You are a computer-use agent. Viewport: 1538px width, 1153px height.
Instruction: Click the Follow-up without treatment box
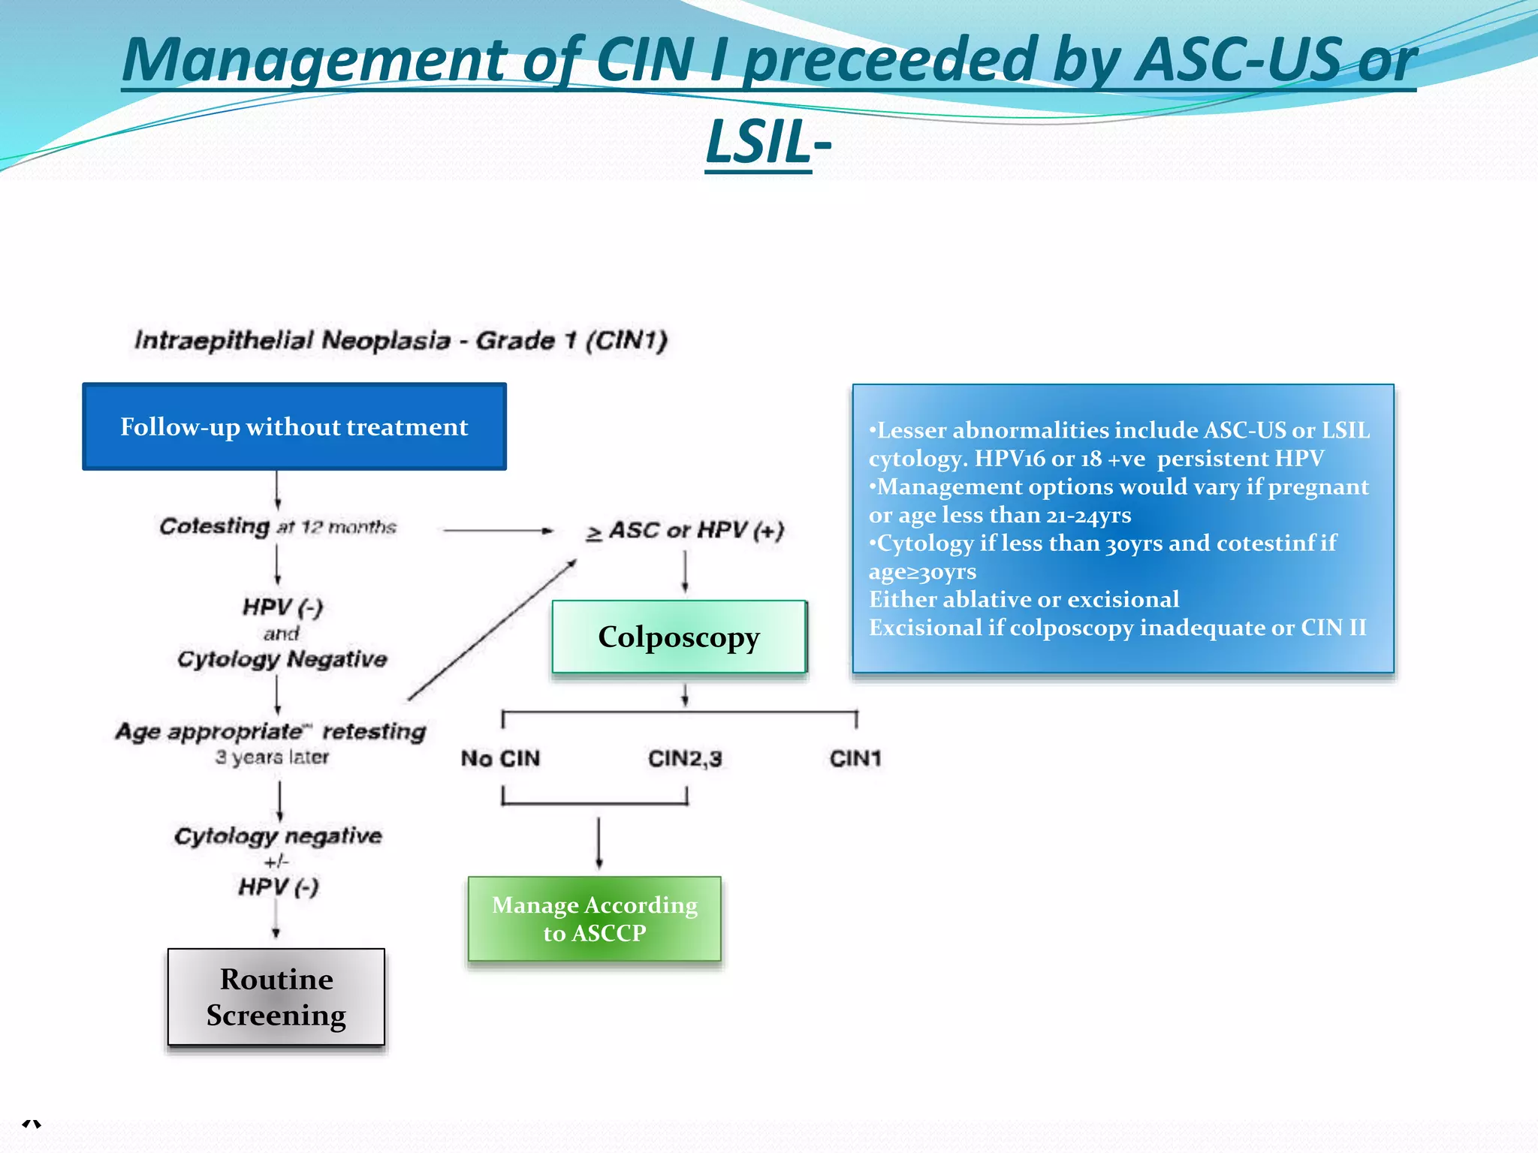coord(294,426)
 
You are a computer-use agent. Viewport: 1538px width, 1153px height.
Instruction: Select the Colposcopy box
coord(679,637)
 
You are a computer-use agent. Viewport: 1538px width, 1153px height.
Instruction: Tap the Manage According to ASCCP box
coord(594,919)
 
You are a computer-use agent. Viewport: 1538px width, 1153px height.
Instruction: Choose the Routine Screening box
coord(276,997)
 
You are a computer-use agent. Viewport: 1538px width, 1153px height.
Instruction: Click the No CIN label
coord(500,758)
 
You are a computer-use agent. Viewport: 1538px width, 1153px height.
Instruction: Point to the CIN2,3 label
coord(685,758)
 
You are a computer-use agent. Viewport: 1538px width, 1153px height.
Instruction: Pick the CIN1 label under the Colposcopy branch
coord(855,758)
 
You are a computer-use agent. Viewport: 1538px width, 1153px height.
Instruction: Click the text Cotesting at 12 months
coord(277,526)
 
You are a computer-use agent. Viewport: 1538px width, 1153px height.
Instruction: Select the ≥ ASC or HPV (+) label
coord(685,531)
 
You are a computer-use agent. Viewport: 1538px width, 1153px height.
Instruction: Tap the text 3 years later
coord(272,757)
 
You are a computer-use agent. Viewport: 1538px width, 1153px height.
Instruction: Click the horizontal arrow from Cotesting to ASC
coord(498,531)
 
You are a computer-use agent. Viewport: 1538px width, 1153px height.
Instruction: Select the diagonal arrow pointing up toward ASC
coord(492,630)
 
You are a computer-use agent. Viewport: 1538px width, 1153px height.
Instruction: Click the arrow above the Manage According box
coord(599,842)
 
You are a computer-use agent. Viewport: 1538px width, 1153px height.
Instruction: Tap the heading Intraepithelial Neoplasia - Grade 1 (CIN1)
coord(400,341)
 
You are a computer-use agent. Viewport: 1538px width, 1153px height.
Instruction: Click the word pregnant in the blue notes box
coord(1318,487)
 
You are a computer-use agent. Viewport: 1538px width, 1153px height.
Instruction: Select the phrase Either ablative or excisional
coord(1024,600)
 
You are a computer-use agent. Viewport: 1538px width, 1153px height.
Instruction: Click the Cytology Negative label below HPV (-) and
coord(282,659)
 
